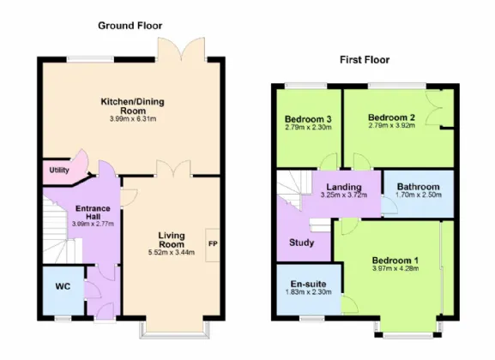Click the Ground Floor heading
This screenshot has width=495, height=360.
coord(130,26)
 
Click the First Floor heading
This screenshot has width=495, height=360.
coord(365,60)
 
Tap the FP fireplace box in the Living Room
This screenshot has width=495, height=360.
coord(213,245)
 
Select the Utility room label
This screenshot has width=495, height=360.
coord(59,171)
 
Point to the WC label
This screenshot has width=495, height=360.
coord(63,287)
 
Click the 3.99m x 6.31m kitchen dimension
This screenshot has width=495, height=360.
coord(133,119)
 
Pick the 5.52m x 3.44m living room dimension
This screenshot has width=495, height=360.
coord(172,252)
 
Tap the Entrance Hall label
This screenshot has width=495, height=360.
coord(93,213)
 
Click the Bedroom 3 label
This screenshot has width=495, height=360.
coord(308,119)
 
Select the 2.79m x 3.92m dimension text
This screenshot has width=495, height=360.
coord(392,126)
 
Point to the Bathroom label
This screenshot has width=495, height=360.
coord(419,187)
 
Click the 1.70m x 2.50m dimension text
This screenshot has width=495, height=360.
coord(419,195)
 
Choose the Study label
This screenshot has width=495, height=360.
coord(301,243)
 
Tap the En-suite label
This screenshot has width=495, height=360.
coord(309,284)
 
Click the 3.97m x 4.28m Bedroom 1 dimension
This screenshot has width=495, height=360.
coord(395,269)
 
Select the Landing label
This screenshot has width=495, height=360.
coord(344,188)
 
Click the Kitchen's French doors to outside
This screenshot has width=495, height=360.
coord(181,49)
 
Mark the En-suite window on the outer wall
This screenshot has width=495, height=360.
coord(312,318)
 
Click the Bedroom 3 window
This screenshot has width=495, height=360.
coord(305,86)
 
